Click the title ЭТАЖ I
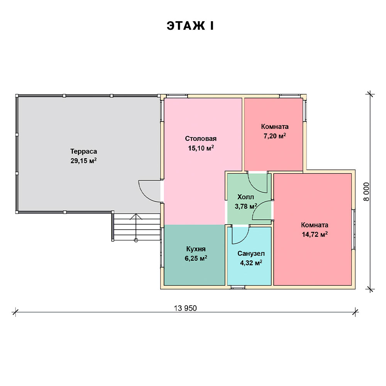pos(190,26)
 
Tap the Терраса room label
pos(84,151)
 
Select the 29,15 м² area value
pos(83,161)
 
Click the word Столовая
pos(201,139)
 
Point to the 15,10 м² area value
pos(201,148)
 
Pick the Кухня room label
pos(196,249)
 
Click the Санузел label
pos(251,254)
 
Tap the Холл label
pos(245,197)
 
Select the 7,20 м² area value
pos(275,136)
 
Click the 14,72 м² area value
pos(315,234)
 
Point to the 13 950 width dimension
pos(185,308)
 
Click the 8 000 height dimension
pos(367,191)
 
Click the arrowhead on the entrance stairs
pos(136,217)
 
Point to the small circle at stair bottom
pos(136,240)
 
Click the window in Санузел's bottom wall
pos(238,287)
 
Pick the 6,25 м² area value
pos(196,259)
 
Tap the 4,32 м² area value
pos(251,263)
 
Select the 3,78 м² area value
pos(246,206)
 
